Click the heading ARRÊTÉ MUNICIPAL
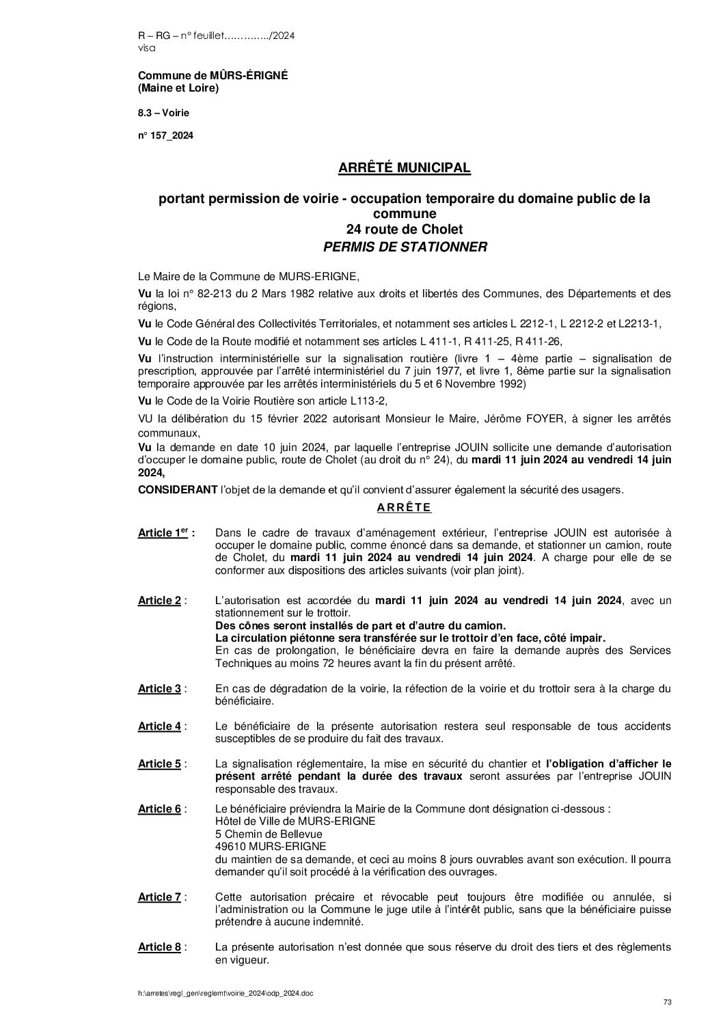click(405, 167)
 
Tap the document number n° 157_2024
click(165, 136)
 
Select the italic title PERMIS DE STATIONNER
click(405, 247)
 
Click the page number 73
click(668, 1002)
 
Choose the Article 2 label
click(159, 600)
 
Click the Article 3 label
click(159, 688)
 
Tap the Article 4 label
click(159, 726)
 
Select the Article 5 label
click(159, 763)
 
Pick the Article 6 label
click(159, 808)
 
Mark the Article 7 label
click(159, 897)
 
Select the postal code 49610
click(230, 846)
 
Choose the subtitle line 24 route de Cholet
click(405, 229)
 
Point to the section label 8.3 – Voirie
click(164, 112)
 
